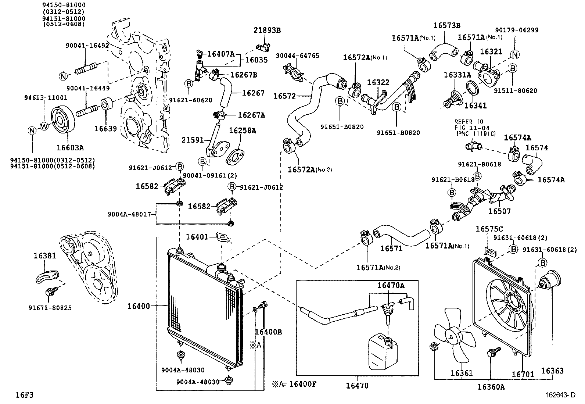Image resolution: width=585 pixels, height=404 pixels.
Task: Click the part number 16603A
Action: [70, 147]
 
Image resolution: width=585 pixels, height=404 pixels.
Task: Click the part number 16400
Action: [139, 305]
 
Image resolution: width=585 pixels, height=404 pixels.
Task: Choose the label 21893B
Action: [267, 31]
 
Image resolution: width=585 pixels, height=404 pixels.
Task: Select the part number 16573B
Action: [446, 25]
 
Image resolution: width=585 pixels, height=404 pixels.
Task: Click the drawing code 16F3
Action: [24, 395]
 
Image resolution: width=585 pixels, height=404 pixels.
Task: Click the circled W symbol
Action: [43, 126]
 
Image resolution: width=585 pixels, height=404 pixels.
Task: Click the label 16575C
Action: [489, 229]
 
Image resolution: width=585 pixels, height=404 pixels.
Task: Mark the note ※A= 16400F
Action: [294, 384]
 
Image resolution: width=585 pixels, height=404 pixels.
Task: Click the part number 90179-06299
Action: [517, 31]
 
